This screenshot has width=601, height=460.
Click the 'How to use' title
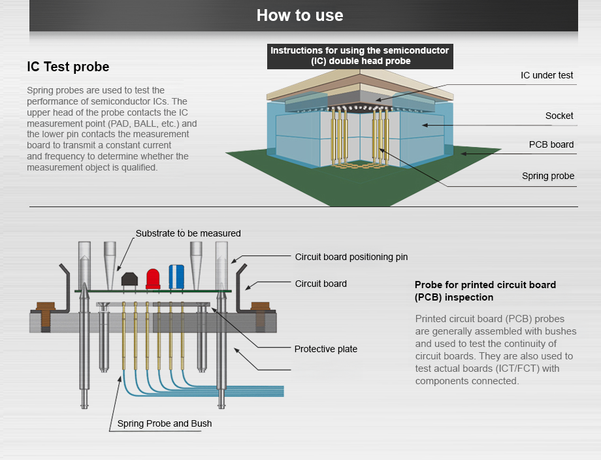click(x=300, y=15)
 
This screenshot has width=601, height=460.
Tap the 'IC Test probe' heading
click(x=68, y=67)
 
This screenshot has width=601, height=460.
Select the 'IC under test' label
click(x=547, y=75)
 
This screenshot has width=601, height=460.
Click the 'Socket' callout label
click(x=559, y=116)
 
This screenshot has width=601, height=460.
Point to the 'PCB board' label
click(x=551, y=144)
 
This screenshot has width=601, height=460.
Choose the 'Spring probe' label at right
click(x=548, y=176)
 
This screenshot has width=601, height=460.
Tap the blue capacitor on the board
click(x=176, y=276)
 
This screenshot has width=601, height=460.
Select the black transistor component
click(x=129, y=280)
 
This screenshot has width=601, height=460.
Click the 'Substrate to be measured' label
click(x=188, y=233)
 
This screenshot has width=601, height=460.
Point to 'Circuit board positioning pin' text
click(x=351, y=257)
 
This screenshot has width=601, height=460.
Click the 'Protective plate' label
click(x=326, y=349)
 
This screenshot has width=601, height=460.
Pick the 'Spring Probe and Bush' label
click(x=165, y=423)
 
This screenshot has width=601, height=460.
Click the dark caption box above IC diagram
click(x=359, y=56)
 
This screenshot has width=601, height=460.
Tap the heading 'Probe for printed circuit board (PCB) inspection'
click(x=485, y=291)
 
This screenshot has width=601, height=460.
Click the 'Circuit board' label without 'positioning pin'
click(x=321, y=284)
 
